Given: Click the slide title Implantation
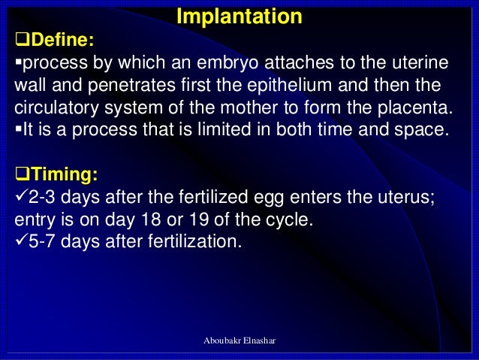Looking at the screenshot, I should pos(239,17).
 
